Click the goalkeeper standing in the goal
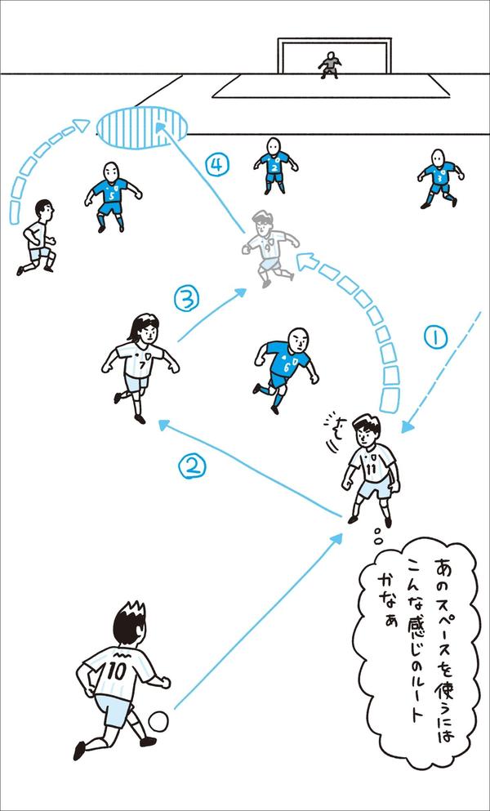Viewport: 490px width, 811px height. (x=329, y=65)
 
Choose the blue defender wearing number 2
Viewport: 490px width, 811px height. (x=274, y=163)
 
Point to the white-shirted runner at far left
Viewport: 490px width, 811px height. (x=38, y=236)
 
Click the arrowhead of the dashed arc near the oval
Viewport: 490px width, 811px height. (x=81, y=125)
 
